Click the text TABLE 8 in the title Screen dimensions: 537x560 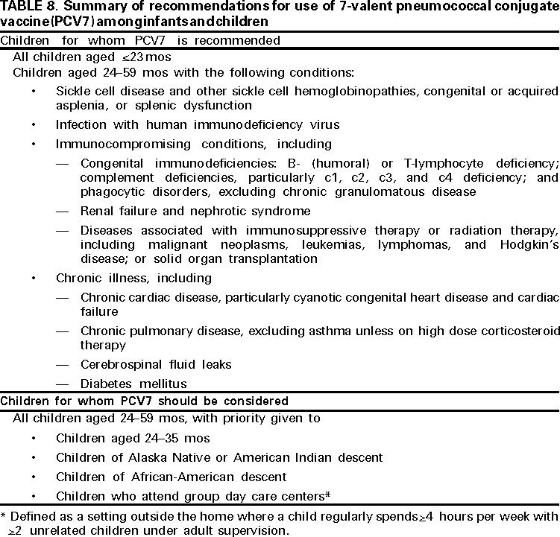click(24, 8)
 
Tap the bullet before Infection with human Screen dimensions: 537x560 click(34, 125)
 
